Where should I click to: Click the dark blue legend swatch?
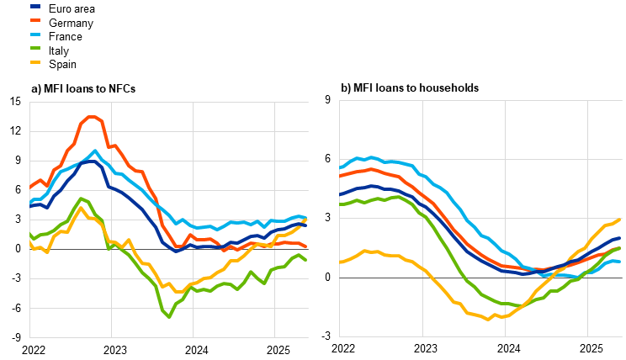(35, 6)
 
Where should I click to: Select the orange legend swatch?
(35, 19)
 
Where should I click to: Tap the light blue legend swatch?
(35, 34)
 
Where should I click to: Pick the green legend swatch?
(35, 48)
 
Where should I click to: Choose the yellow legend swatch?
(35, 62)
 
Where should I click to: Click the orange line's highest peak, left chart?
(90, 117)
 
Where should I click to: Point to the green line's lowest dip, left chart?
(169, 316)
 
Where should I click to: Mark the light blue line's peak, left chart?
(95, 151)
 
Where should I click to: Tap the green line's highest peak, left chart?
(81, 199)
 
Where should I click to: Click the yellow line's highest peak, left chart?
(81, 208)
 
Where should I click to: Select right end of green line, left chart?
(306, 260)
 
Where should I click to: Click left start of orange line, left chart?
(30, 187)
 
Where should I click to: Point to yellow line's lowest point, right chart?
(488, 319)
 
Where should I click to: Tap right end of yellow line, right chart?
(620, 220)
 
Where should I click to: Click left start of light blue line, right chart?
(341, 167)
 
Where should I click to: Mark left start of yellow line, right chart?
(341, 262)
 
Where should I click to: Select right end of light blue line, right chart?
(620, 262)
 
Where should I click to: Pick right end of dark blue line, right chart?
(620, 238)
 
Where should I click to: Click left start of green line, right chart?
(341, 204)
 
